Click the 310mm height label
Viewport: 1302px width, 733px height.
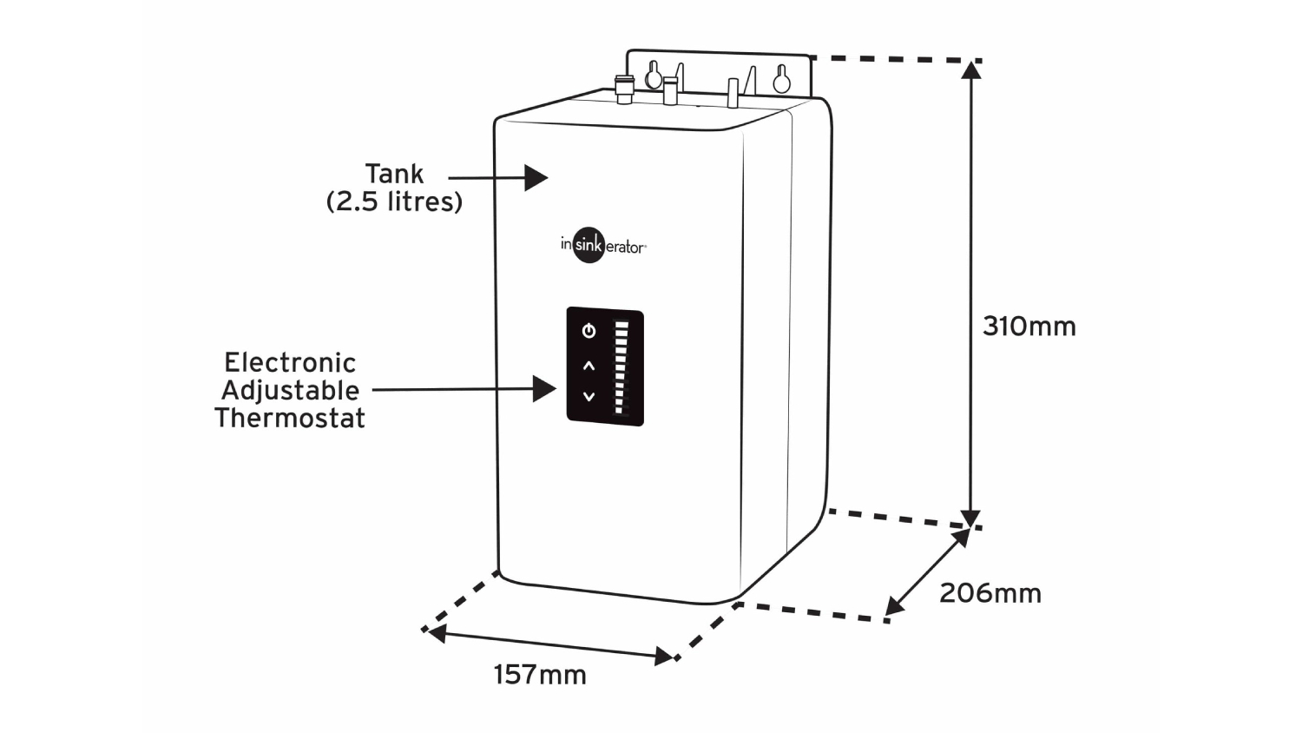point(1029,327)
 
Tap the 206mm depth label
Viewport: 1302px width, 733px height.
point(990,593)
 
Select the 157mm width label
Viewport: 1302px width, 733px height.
point(540,675)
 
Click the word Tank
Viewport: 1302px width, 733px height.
point(394,174)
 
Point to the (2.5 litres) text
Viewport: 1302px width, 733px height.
point(394,201)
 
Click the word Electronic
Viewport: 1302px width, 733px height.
point(290,362)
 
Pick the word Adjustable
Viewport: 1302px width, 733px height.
point(290,390)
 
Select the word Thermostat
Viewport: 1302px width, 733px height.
point(290,418)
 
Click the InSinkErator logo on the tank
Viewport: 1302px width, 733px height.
point(602,246)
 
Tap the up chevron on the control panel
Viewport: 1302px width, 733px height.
point(589,366)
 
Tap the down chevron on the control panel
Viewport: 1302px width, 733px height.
point(589,397)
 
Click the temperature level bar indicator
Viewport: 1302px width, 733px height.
point(621,367)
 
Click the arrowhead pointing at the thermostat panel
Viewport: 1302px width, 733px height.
point(545,388)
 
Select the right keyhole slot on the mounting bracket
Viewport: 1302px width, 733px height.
point(781,79)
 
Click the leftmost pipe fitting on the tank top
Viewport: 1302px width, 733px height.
point(624,89)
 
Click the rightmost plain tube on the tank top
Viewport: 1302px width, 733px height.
point(733,93)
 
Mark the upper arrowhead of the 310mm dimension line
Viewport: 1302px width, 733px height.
point(971,69)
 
